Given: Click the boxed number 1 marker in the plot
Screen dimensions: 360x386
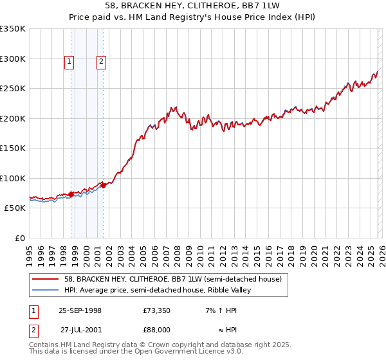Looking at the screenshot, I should [69, 62].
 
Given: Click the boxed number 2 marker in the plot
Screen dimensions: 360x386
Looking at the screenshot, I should [102, 62].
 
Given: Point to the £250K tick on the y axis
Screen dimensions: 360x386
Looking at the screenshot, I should [13, 89].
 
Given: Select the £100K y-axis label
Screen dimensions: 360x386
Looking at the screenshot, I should [13, 178].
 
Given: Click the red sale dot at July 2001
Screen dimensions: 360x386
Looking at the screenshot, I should [104, 185].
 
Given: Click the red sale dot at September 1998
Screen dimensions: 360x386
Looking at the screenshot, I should [71, 194].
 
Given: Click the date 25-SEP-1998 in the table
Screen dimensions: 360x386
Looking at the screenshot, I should [80, 310].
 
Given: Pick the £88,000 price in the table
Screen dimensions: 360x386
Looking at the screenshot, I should [156, 329].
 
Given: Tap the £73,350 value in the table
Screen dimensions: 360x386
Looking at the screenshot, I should [156, 310].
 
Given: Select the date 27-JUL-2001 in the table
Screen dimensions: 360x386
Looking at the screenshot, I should [81, 329].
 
